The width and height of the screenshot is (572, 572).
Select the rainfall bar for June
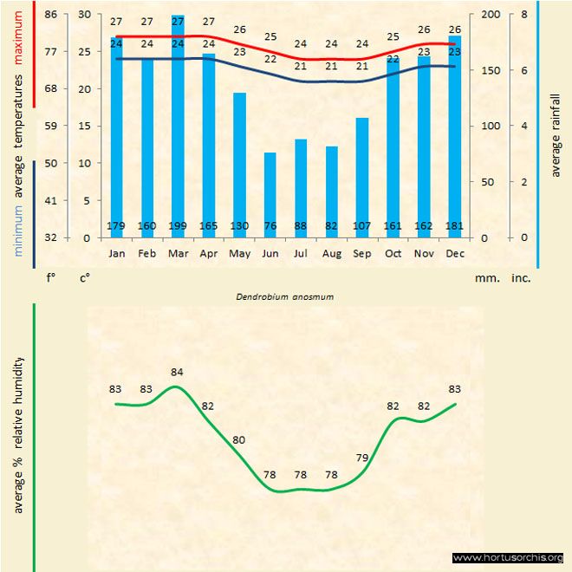tap(270, 195)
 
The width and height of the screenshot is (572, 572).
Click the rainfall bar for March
tap(178, 130)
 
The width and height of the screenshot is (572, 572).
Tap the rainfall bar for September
tap(362, 178)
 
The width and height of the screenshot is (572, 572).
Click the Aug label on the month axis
tap(331, 254)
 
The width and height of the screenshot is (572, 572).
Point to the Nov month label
tap(424, 254)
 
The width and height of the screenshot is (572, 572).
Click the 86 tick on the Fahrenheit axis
tap(51, 15)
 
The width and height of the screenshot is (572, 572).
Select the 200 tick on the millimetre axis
tap(490, 15)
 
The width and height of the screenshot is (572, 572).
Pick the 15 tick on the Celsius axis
tap(84, 126)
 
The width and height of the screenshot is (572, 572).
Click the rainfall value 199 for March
tap(178, 227)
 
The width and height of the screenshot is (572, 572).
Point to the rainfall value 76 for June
tap(270, 227)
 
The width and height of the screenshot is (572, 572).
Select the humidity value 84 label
tap(177, 373)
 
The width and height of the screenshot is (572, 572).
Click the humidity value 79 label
tap(362, 457)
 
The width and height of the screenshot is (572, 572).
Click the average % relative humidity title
tap(18, 434)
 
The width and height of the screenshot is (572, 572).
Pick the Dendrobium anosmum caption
tap(285, 296)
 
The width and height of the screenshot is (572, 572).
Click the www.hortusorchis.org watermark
tap(508, 557)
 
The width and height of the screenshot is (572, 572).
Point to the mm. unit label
tap(485, 278)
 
